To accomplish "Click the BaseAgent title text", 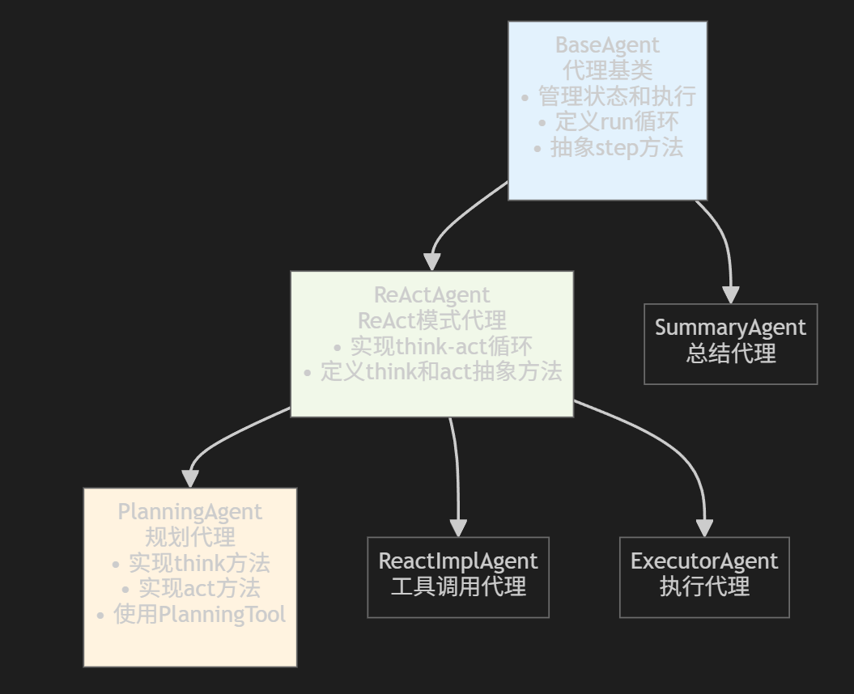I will (607, 45).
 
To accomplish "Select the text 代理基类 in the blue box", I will (607, 70).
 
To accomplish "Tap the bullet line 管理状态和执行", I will (607, 96).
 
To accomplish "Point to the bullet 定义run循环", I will (607, 122).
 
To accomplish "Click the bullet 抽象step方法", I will (607, 147).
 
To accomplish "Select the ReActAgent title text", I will (431, 295).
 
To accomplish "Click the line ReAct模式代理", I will (431, 320).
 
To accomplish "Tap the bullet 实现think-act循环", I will (431, 346).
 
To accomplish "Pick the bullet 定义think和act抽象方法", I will (431, 372).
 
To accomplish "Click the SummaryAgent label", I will (730, 328).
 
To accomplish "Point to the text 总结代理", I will (730, 353).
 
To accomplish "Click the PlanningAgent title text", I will (189, 512).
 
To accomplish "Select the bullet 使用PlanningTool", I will (189, 615).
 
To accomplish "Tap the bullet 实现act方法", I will (189, 588).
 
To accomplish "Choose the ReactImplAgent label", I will (458, 561).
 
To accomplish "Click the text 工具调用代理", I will (458, 586).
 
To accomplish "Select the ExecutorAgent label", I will (704, 561).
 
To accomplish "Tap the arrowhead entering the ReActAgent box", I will (432, 261).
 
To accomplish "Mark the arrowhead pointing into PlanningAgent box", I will (190, 478).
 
